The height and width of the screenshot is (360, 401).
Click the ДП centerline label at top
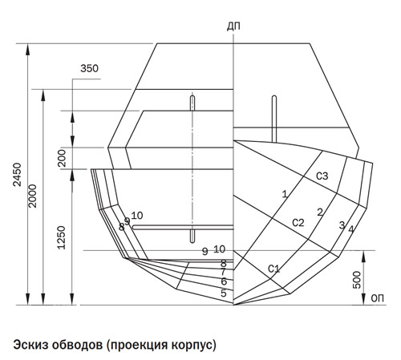(233, 26)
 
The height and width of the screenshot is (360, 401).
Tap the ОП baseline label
(378, 298)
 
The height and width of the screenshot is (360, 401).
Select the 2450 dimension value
(18, 174)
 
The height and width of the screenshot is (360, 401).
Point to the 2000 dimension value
(33, 196)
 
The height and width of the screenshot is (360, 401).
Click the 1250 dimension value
(62, 237)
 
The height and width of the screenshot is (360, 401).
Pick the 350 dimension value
(90, 68)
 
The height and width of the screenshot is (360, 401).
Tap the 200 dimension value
(62, 158)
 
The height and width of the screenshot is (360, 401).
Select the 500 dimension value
(357, 280)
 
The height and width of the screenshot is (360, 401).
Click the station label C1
(273, 269)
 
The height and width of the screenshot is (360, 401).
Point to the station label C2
(298, 222)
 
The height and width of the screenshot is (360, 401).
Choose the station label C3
(322, 176)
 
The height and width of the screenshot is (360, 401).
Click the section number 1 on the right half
(285, 194)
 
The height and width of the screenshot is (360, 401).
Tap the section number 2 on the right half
(320, 212)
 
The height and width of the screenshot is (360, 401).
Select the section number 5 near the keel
(224, 293)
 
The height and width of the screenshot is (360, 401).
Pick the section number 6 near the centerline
(224, 281)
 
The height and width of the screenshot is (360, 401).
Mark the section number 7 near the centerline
(224, 273)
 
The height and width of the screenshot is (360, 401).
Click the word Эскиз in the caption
(30, 345)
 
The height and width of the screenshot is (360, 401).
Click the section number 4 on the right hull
(351, 229)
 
